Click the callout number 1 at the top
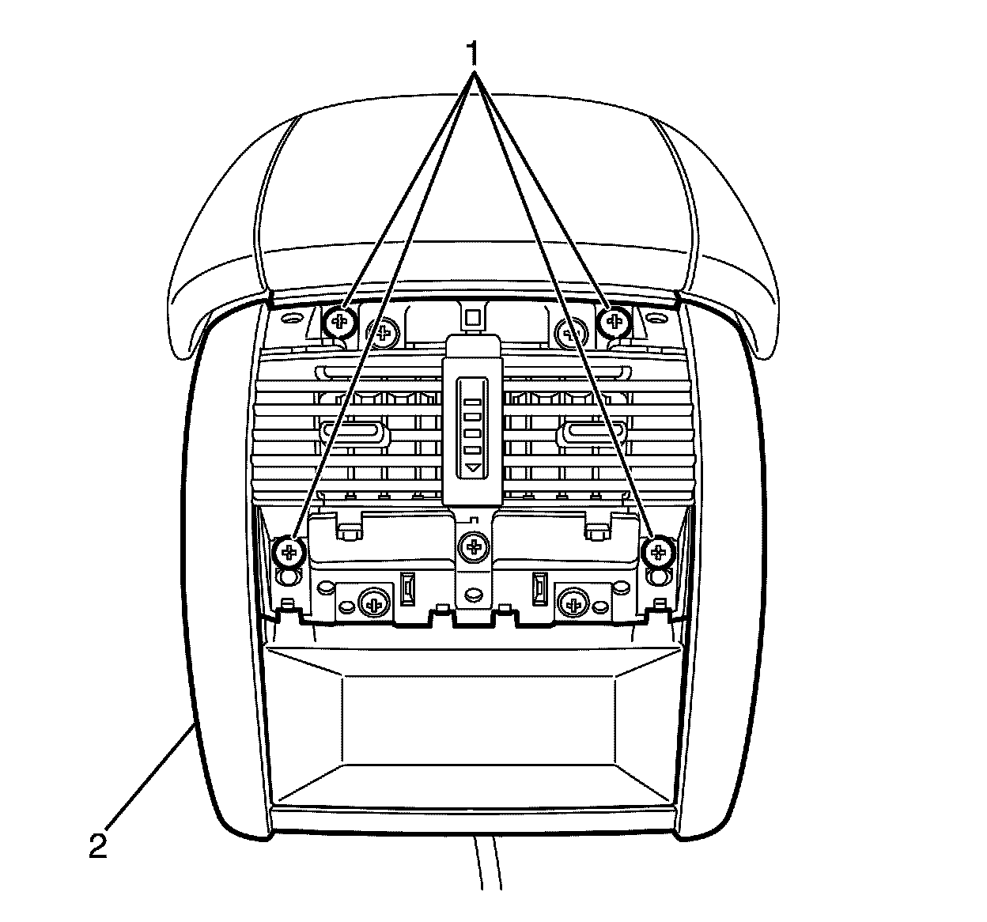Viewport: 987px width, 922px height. [x=474, y=54]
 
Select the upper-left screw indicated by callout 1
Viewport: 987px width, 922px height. [x=340, y=321]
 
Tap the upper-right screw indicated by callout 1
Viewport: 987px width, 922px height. [x=613, y=321]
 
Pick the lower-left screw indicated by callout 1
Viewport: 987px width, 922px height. [x=289, y=550]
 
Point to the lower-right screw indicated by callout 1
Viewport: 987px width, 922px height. [x=657, y=550]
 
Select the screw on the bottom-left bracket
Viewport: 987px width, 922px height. [x=372, y=605]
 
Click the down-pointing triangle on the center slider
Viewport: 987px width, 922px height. [x=473, y=469]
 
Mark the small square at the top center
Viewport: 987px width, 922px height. [x=473, y=318]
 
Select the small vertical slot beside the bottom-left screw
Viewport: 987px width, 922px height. [x=408, y=588]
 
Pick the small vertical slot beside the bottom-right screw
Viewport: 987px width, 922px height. [x=539, y=588]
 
